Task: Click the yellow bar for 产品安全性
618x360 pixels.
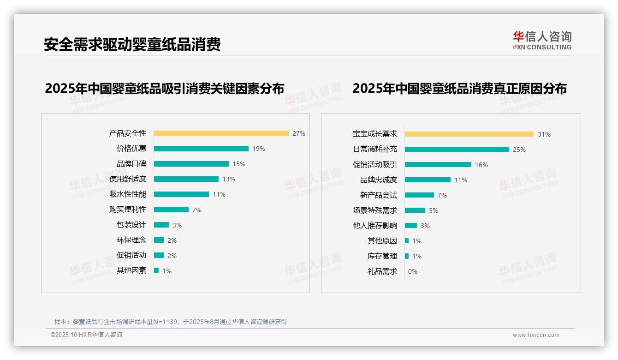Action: click(221, 133)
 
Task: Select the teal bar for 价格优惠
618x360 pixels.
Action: click(201, 149)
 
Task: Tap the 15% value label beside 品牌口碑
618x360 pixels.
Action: click(239, 164)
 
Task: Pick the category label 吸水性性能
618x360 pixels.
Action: click(128, 194)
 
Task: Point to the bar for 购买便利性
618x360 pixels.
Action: click(171, 210)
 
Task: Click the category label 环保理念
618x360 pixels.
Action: click(131, 240)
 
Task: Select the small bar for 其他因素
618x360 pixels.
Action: click(156, 270)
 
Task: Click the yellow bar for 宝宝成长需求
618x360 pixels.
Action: click(469, 134)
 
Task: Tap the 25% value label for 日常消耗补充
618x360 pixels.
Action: click(519, 150)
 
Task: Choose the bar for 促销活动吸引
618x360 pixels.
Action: click(438, 165)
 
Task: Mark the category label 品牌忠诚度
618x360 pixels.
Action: click(379, 180)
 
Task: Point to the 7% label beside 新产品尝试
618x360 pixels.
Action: click(442, 195)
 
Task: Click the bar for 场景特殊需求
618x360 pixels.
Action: click(415, 210)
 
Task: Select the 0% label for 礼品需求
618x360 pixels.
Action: click(413, 271)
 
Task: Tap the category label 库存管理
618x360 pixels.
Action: click(382, 256)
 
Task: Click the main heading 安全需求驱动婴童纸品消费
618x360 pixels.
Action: click(132, 44)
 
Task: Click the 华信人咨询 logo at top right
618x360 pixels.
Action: click(542, 41)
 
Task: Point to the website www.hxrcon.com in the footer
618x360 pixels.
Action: click(536, 335)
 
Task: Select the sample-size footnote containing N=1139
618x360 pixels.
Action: click(171, 322)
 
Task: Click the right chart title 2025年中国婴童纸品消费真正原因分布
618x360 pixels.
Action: click(459, 89)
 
